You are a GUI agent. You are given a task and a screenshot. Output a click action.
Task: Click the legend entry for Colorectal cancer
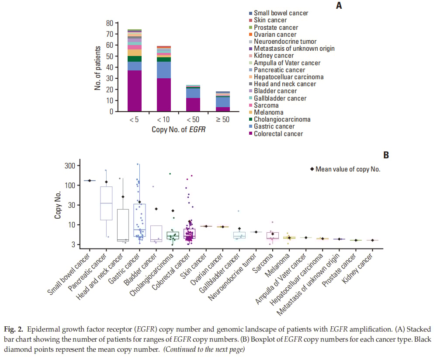(278, 133)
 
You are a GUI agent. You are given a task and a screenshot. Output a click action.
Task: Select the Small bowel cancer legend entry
(281, 13)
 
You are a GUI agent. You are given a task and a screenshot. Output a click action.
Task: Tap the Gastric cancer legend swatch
(250, 126)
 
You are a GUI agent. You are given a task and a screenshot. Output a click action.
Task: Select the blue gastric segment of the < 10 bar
(164, 70)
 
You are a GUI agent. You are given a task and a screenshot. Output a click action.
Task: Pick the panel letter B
(386, 154)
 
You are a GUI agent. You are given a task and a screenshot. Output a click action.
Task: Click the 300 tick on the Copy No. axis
(69, 165)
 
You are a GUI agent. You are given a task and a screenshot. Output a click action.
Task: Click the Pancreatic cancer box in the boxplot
(106, 203)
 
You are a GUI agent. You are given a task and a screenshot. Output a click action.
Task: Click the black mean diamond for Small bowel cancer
(90, 180)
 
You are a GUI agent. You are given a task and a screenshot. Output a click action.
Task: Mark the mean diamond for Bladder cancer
(156, 209)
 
